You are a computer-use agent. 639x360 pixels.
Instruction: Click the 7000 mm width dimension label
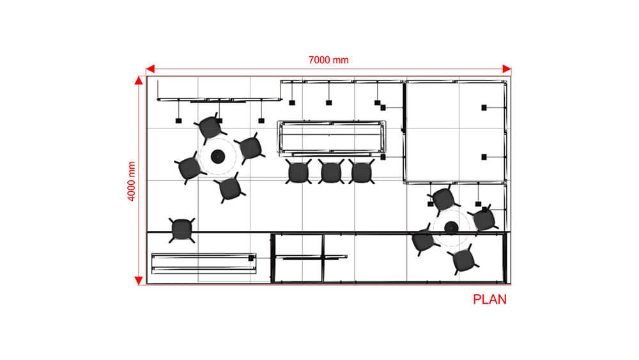click(x=328, y=60)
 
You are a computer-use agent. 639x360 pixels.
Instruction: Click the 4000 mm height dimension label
click(x=131, y=181)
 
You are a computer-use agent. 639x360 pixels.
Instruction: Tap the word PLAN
click(x=489, y=300)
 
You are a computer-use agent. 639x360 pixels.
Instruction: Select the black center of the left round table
click(x=218, y=156)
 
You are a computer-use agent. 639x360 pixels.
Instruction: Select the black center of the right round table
click(x=450, y=228)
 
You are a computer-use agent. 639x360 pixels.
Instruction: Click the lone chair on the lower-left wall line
click(x=181, y=230)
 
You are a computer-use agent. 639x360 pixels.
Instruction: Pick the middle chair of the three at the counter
click(x=331, y=171)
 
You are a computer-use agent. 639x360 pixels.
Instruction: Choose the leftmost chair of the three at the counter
click(x=298, y=171)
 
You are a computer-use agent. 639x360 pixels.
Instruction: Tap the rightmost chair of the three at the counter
click(x=362, y=171)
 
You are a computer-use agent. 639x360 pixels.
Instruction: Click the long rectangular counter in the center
click(x=331, y=138)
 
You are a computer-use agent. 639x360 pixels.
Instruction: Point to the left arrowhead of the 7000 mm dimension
click(x=150, y=68)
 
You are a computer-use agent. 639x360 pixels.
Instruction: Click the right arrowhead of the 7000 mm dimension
click(x=507, y=68)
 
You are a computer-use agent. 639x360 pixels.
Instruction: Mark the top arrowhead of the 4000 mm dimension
click(x=139, y=81)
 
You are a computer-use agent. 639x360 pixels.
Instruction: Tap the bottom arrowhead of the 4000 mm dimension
click(x=139, y=281)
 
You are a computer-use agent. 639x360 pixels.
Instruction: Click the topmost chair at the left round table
click(x=210, y=128)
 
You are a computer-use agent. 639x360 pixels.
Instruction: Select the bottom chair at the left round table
click(x=229, y=189)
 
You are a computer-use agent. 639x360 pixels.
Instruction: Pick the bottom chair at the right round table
click(x=464, y=260)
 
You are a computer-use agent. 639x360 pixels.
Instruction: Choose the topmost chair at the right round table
click(x=444, y=200)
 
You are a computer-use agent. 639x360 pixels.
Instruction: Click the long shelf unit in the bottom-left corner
click(x=204, y=263)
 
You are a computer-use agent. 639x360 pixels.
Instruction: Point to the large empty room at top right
click(x=456, y=132)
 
